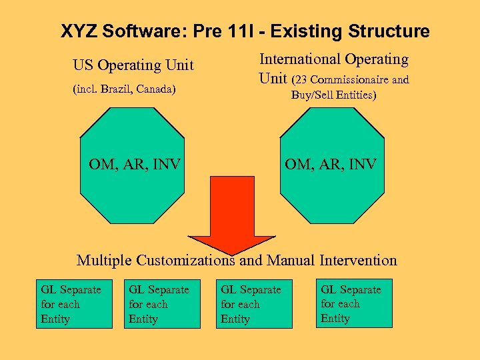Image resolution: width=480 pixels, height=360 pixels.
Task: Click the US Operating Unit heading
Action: point(133,65)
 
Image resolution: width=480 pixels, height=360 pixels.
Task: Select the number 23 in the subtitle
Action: point(301,80)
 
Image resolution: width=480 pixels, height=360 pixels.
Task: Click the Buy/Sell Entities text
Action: point(333,95)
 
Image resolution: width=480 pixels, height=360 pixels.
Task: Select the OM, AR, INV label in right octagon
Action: point(331,163)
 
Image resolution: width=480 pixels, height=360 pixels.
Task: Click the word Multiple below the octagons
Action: point(105,260)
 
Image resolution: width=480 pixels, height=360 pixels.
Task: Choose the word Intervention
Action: point(358,260)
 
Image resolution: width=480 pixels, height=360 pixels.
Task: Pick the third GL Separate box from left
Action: point(253,304)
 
